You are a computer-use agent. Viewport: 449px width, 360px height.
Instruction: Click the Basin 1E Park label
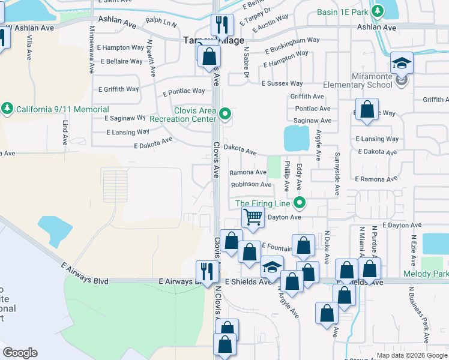342,11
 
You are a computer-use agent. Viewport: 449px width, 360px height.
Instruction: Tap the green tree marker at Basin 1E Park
377,11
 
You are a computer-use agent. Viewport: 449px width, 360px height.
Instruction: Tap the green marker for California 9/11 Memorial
7,109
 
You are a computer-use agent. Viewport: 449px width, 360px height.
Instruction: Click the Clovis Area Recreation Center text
194,115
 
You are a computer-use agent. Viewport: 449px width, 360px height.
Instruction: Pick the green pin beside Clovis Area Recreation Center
225,113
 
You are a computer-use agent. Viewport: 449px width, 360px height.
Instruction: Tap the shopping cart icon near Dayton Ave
253,217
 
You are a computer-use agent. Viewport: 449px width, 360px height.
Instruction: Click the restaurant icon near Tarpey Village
222,25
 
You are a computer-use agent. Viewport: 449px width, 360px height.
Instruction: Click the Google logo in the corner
20,352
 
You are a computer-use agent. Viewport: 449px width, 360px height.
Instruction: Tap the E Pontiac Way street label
183,92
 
